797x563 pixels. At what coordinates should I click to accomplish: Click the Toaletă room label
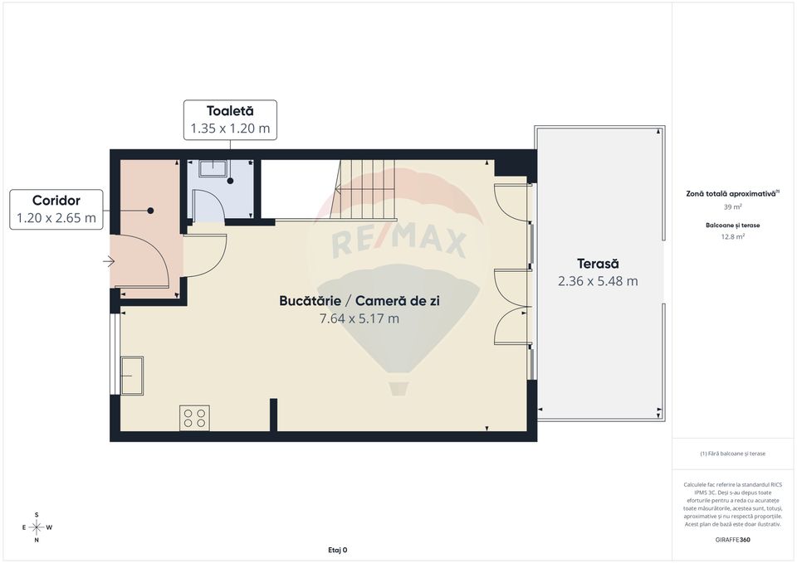[230, 110]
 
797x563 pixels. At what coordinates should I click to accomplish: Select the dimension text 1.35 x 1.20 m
[230, 129]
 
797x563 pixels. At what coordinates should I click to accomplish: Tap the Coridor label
[56, 201]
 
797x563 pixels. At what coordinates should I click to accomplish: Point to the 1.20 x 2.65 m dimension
[56, 219]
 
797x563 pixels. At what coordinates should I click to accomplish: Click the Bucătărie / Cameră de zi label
[359, 300]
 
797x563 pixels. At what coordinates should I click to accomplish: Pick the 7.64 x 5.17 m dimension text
[359, 318]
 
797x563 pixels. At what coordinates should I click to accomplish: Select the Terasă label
[598, 263]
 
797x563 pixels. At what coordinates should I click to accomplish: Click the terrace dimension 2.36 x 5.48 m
[598, 281]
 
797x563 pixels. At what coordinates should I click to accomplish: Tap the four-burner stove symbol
[194, 418]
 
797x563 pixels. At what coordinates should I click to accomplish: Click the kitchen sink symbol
[131, 376]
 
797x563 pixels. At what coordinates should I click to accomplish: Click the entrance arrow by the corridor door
[109, 262]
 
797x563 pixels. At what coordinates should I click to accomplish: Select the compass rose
[37, 527]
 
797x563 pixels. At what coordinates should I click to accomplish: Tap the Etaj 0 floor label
[337, 550]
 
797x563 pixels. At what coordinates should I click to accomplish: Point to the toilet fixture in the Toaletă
[215, 170]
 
